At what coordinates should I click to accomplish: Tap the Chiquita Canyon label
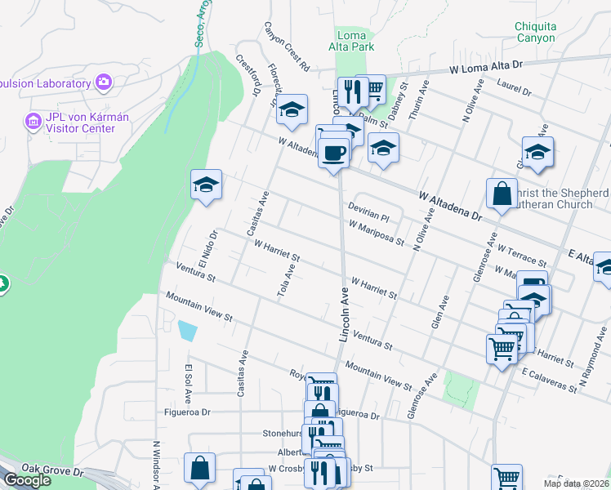point(535,32)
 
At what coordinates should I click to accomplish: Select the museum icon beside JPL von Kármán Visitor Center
point(33,122)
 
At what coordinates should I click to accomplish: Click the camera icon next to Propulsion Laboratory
point(104,82)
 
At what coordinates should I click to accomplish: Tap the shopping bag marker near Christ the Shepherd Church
point(502,194)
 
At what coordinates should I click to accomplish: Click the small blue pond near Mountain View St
point(187,330)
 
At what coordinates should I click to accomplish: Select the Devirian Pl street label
point(368,212)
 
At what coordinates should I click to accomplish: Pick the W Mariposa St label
point(376,232)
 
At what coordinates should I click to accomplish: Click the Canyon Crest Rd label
point(286,45)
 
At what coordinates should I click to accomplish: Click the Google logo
point(27,480)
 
